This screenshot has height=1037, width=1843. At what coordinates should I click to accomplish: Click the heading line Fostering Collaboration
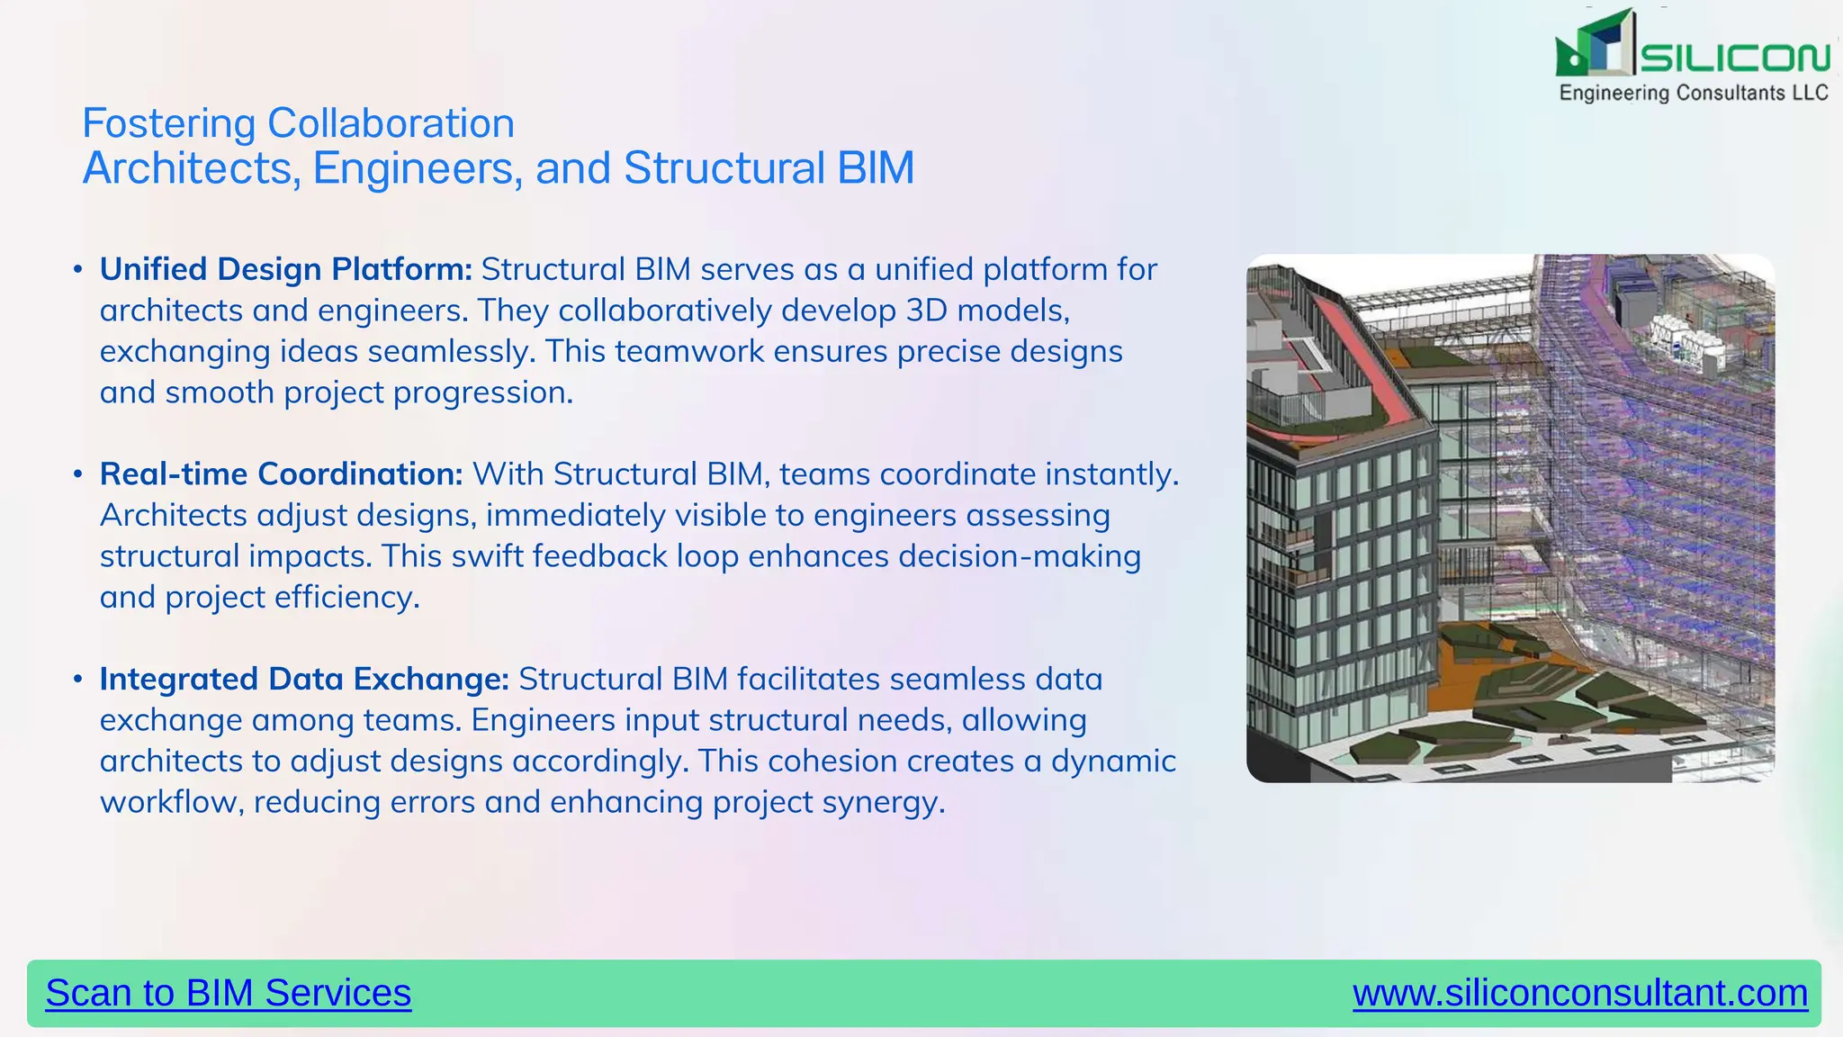click(x=298, y=123)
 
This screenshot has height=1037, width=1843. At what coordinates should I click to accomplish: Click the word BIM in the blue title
click(x=875, y=168)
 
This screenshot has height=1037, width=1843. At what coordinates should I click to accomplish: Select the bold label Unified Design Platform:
click(x=285, y=269)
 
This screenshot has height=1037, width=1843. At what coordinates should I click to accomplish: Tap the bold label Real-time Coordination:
click(x=281, y=473)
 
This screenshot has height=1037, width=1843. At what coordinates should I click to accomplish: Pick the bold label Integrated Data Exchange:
click(x=304, y=679)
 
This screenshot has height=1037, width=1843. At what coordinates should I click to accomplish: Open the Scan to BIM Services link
click(x=228, y=993)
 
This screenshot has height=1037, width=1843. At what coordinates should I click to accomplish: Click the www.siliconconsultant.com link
click(x=1579, y=993)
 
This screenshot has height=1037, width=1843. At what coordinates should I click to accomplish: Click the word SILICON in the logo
click(x=1734, y=59)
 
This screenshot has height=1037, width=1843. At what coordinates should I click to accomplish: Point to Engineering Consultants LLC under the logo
click(x=1693, y=93)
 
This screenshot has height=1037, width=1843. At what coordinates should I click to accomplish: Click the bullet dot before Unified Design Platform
click(x=78, y=269)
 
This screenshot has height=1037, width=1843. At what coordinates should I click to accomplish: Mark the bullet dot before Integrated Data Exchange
click(x=78, y=679)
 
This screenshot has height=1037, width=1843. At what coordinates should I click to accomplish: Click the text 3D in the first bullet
click(x=926, y=311)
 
